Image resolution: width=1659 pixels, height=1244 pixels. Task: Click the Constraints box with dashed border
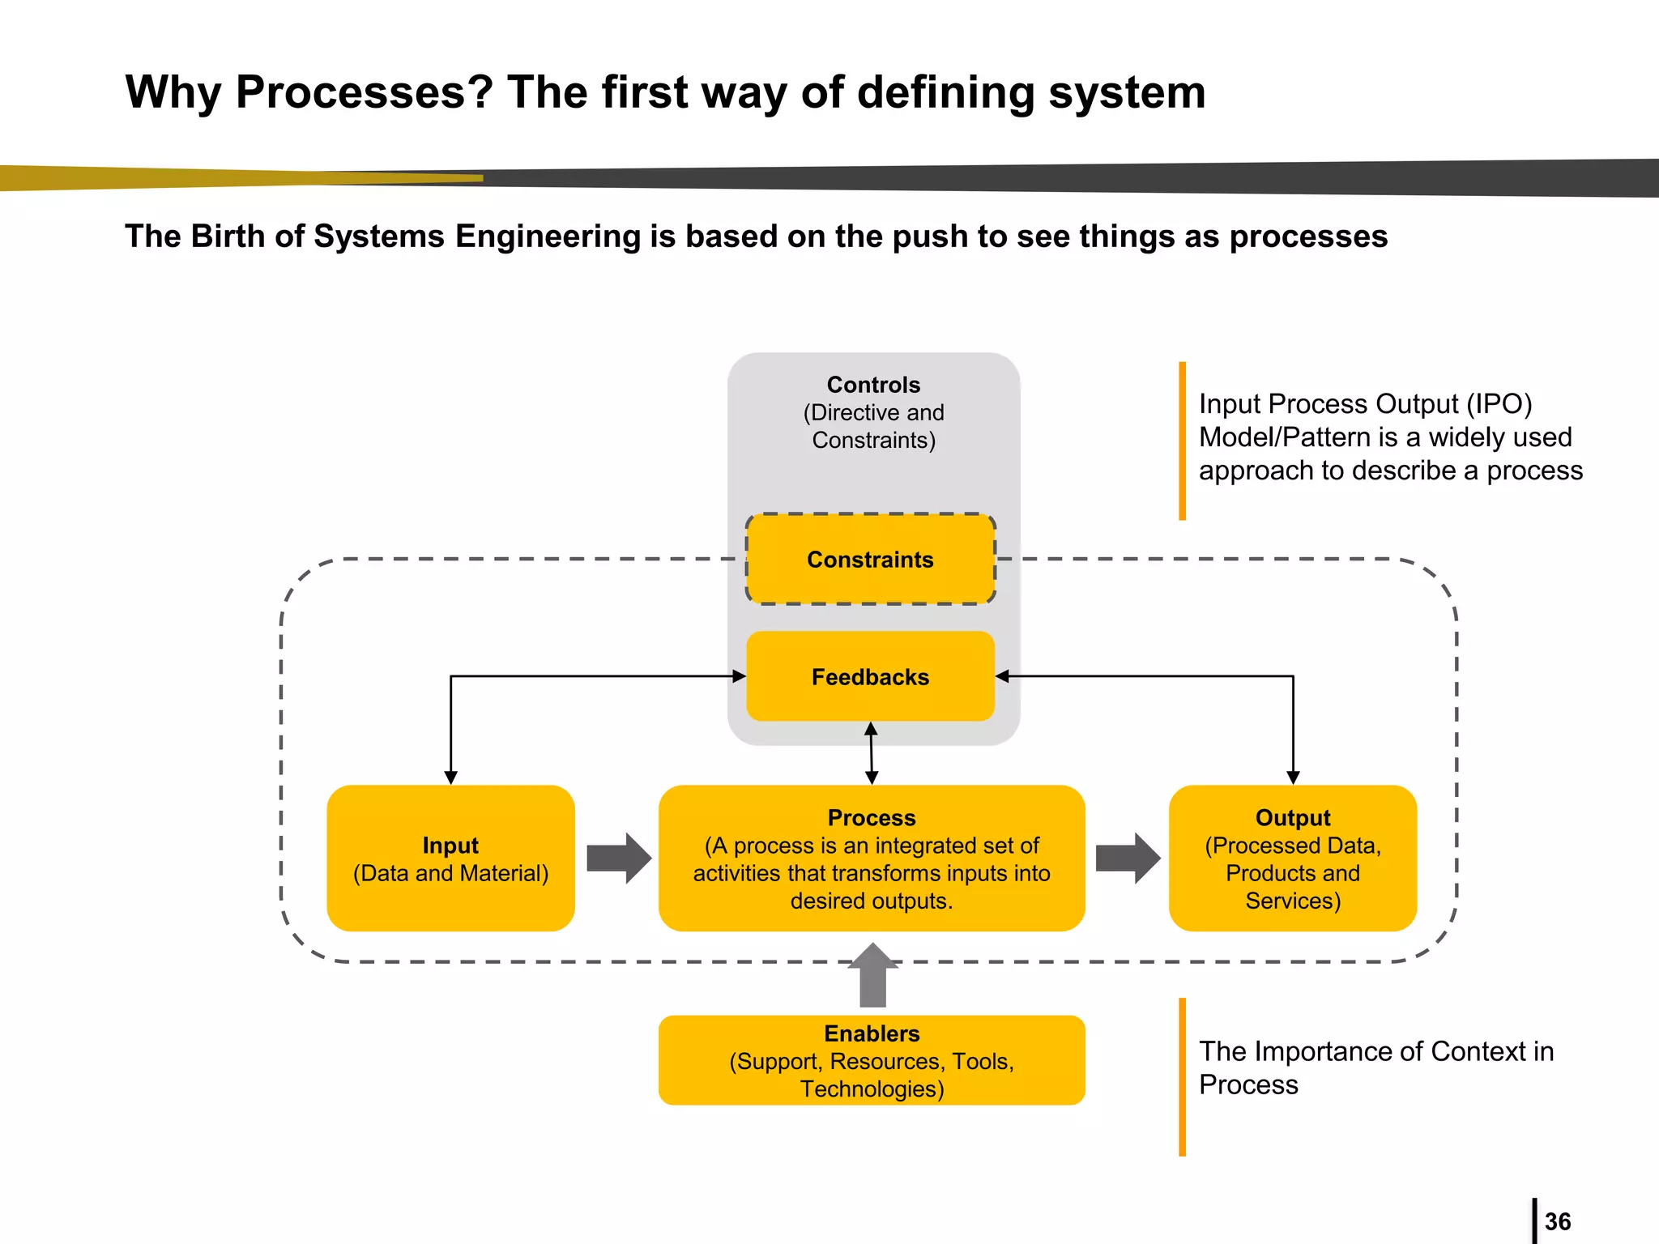click(870, 559)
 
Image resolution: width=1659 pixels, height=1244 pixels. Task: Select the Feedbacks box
click(870, 676)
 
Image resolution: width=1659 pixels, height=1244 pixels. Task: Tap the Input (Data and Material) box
click(450, 858)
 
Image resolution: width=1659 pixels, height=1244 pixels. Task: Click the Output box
click(1293, 858)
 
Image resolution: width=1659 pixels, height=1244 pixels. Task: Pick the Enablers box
click(872, 1060)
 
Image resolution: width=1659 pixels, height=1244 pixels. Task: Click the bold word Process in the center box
click(872, 818)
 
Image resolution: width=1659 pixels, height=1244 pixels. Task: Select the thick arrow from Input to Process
click(618, 858)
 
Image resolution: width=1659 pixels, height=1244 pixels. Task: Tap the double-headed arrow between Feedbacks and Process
click(872, 753)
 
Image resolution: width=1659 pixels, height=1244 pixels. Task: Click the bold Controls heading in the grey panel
click(873, 385)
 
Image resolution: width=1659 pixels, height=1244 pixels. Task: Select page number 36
click(1557, 1221)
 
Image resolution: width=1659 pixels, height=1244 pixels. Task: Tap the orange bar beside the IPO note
click(1182, 441)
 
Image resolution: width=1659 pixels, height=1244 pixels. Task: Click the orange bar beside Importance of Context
click(1182, 1076)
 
